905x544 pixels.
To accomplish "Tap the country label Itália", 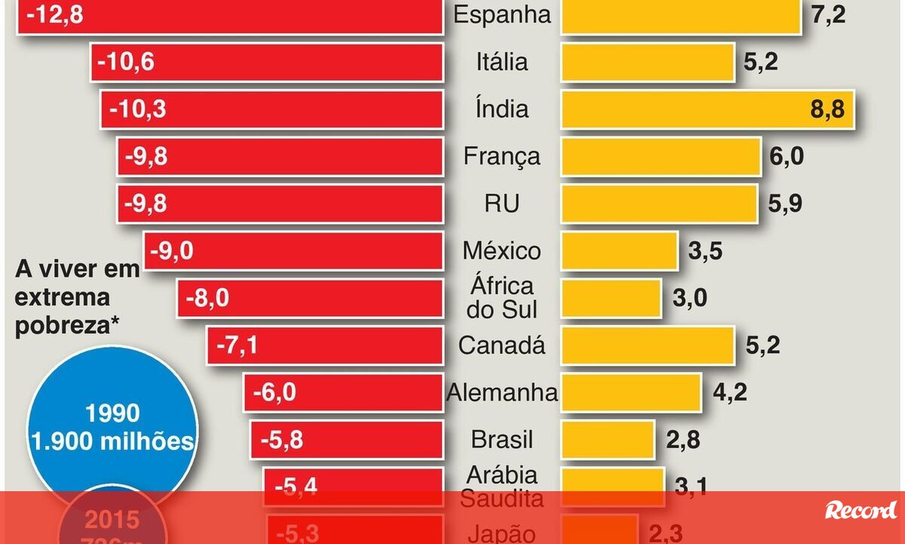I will (502, 62).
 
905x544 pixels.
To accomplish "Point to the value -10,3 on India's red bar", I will (137, 109).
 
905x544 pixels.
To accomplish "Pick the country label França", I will (502, 156).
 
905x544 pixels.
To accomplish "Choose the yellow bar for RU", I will (659, 204).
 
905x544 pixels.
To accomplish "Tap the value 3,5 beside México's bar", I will (705, 251).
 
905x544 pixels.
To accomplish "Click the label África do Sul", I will (502, 297).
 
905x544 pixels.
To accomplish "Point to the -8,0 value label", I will (207, 299).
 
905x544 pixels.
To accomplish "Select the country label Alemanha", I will (502, 392).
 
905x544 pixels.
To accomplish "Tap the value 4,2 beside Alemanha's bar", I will (730, 393).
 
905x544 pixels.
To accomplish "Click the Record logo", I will (861, 510).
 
